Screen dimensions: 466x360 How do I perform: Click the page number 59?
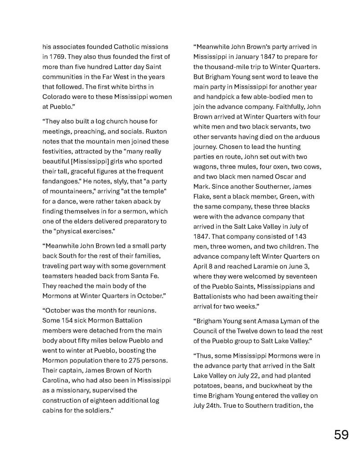pos(341,435)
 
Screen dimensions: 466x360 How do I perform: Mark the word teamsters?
pos(59,276)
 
